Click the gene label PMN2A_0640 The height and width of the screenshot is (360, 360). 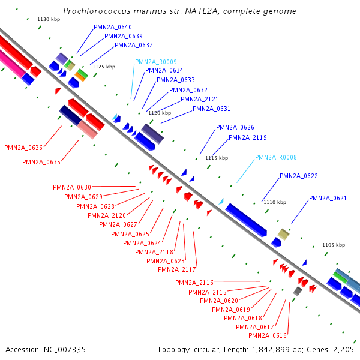(113, 28)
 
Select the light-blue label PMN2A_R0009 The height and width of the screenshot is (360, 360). (155, 62)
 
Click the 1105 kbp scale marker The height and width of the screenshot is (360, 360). (334, 245)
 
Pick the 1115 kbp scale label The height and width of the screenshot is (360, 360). (217, 158)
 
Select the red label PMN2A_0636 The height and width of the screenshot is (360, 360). (23, 147)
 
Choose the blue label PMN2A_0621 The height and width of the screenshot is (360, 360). (328, 198)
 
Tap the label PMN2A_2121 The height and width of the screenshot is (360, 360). (199, 99)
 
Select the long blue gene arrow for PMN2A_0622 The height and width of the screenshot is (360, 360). (246, 220)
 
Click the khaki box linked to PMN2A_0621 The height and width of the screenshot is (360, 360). (283, 234)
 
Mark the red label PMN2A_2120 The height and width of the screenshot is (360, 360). (107, 215)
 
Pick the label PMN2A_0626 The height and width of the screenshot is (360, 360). (235, 127)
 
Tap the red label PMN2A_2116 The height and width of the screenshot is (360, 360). (194, 283)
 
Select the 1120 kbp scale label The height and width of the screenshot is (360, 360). (160, 113)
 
